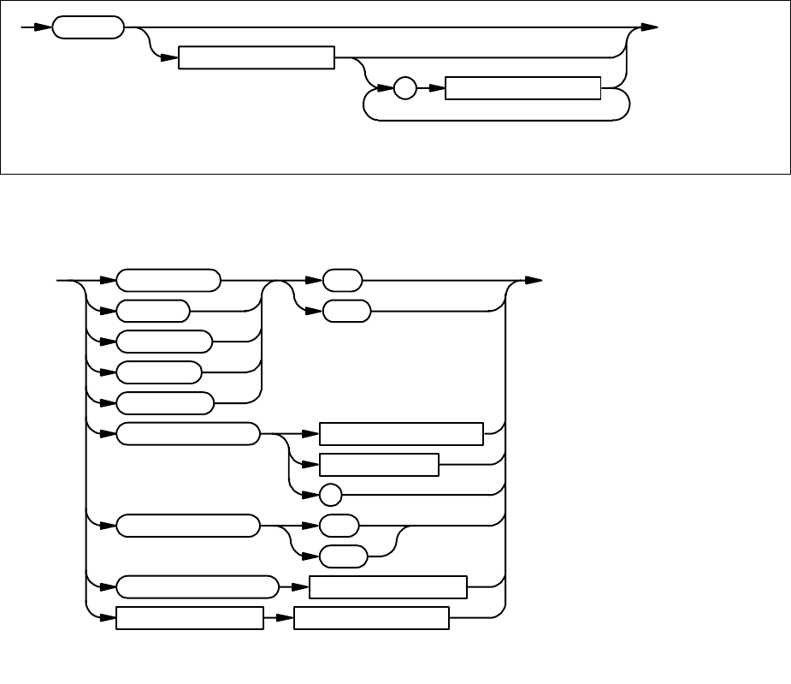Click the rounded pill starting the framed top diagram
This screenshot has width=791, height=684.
click(x=87, y=27)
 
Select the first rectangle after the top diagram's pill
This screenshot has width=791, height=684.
click(x=255, y=58)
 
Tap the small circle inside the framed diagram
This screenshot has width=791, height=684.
click(x=405, y=88)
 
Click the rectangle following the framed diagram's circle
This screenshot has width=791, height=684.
click(x=523, y=88)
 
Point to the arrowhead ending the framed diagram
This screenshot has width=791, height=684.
click(x=649, y=27)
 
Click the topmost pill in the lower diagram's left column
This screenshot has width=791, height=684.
click(x=168, y=280)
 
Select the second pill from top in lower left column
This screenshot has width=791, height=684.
click(x=152, y=311)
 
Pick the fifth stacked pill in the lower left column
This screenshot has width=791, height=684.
click(x=164, y=402)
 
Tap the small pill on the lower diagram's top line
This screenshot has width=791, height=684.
click(x=342, y=280)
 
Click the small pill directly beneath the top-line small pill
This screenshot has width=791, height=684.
click(x=346, y=311)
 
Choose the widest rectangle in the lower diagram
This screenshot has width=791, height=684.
click(x=401, y=434)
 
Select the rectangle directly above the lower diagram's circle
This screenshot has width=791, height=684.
click(x=378, y=465)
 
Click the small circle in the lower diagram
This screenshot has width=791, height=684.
click(x=330, y=495)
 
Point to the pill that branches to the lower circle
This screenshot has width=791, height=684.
click(x=187, y=434)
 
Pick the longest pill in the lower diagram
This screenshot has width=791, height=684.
click(x=198, y=587)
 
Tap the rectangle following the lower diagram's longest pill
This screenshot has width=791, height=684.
click(x=387, y=587)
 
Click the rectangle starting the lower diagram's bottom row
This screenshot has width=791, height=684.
click(x=189, y=618)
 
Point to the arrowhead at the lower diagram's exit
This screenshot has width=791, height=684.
click(x=533, y=280)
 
